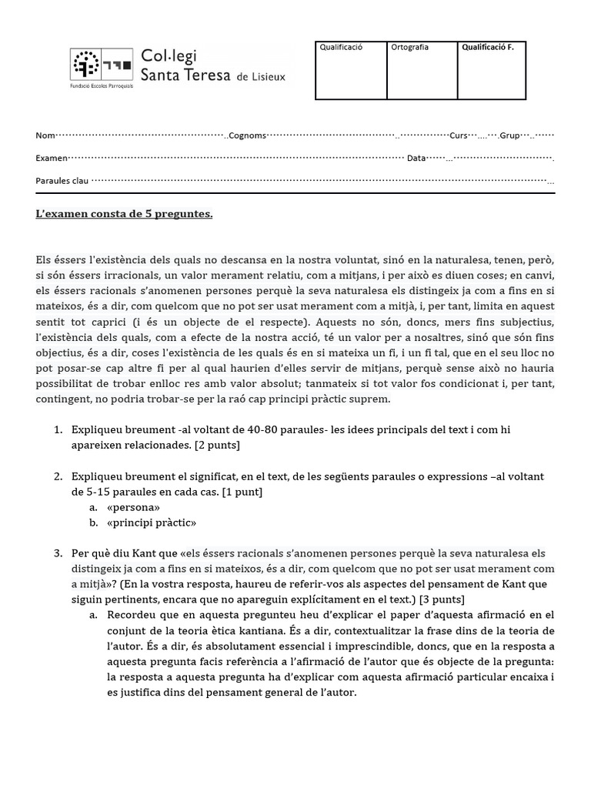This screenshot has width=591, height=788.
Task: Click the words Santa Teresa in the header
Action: point(185,75)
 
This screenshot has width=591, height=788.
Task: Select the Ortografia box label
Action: point(410,48)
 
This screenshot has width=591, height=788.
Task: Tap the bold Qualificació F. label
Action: point(487,48)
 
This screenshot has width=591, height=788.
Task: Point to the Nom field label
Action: point(45,135)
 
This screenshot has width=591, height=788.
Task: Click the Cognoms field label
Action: point(248,135)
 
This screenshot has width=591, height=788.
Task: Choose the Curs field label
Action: point(459,135)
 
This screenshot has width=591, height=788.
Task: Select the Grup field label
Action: point(509,135)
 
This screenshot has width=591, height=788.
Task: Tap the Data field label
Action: point(416,158)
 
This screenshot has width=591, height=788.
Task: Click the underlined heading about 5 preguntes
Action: point(124,213)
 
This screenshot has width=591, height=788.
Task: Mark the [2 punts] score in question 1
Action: point(218,445)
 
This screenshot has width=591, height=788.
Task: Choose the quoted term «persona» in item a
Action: point(134,507)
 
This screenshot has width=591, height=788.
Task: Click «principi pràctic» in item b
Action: point(152,523)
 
